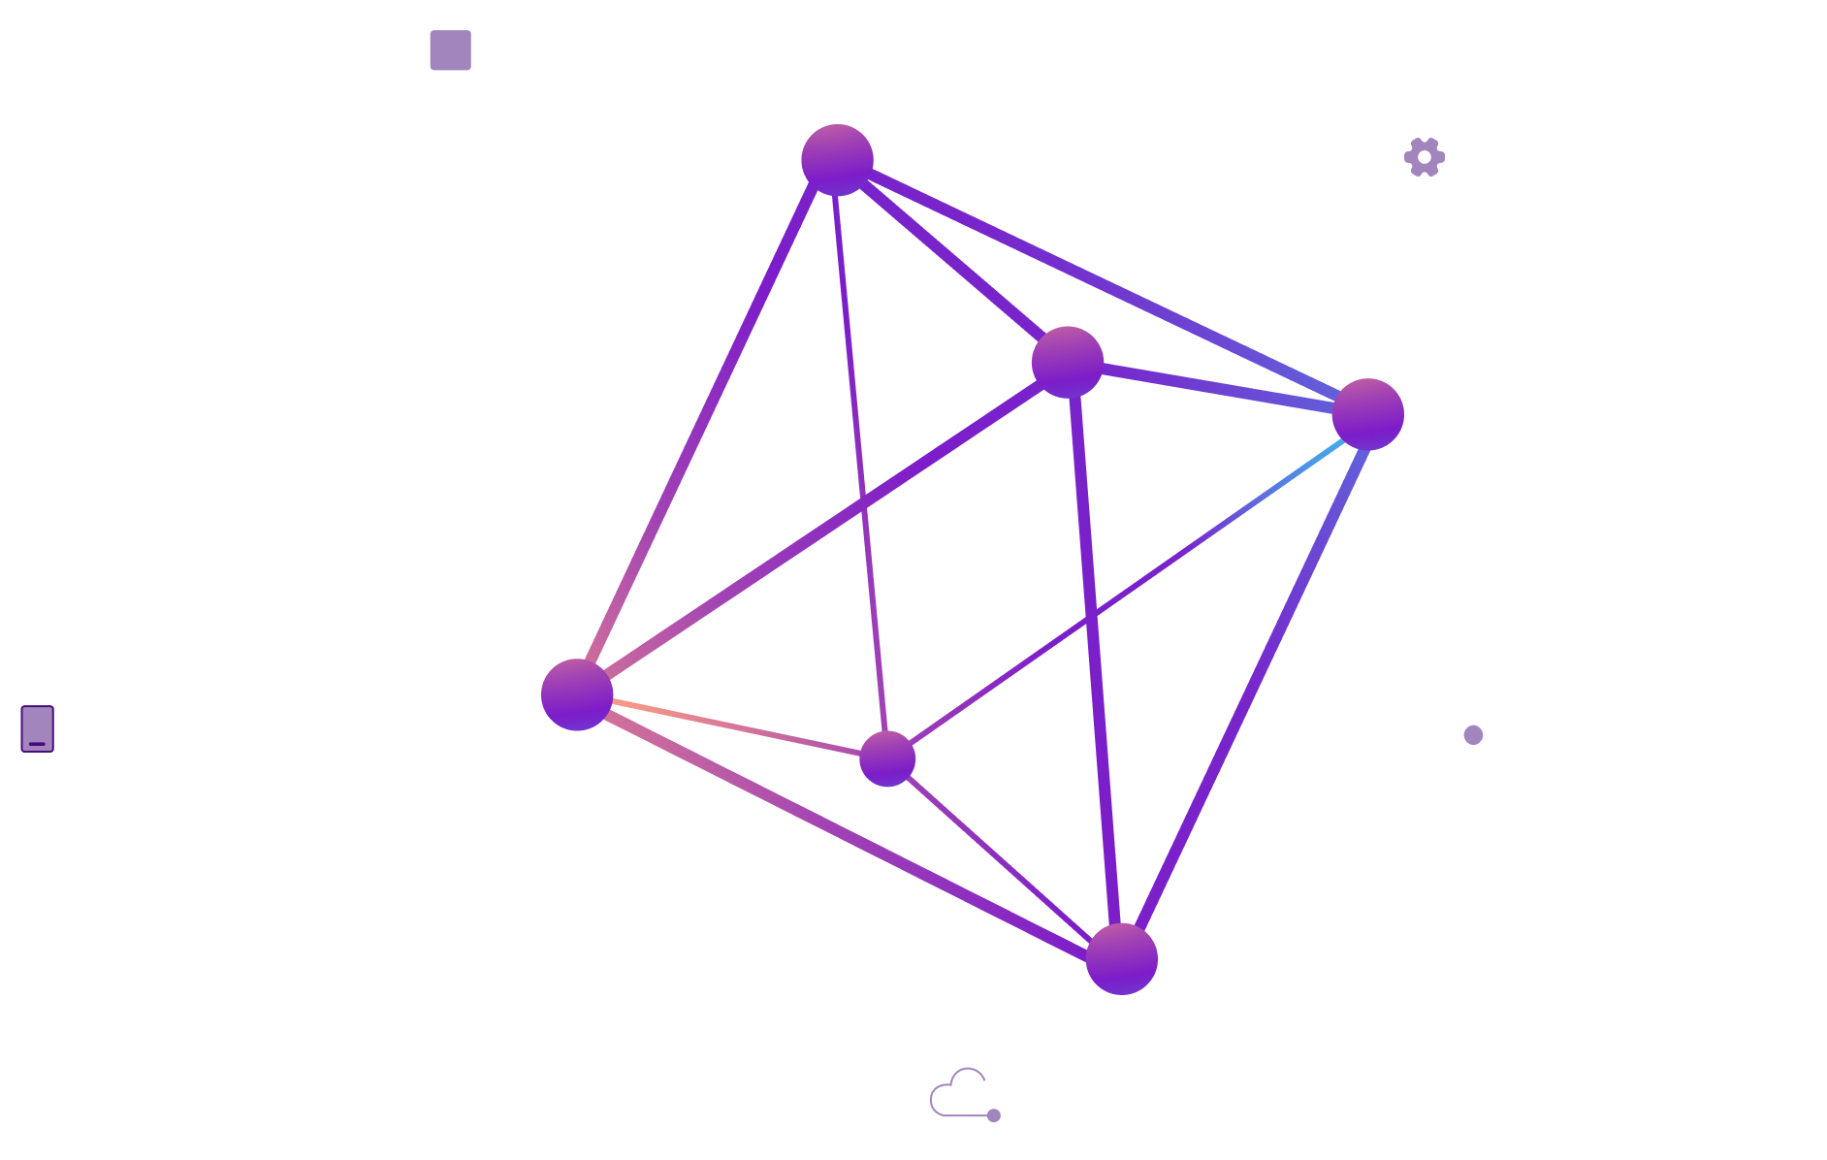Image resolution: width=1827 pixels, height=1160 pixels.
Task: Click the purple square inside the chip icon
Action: click(450, 49)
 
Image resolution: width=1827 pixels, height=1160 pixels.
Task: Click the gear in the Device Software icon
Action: click(1424, 157)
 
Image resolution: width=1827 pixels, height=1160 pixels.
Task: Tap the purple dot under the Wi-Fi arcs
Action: click(1473, 735)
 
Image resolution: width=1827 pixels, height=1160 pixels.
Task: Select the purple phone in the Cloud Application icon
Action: click(38, 728)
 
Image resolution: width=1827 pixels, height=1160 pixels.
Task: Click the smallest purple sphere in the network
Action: click(886, 758)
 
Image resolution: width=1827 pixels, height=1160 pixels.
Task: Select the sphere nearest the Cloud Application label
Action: click(577, 694)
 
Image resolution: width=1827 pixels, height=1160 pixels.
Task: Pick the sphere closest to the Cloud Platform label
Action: click(1121, 958)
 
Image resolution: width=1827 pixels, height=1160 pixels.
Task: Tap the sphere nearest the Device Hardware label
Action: click(837, 160)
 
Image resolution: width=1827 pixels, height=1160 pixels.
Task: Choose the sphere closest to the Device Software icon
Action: click(1367, 414)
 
